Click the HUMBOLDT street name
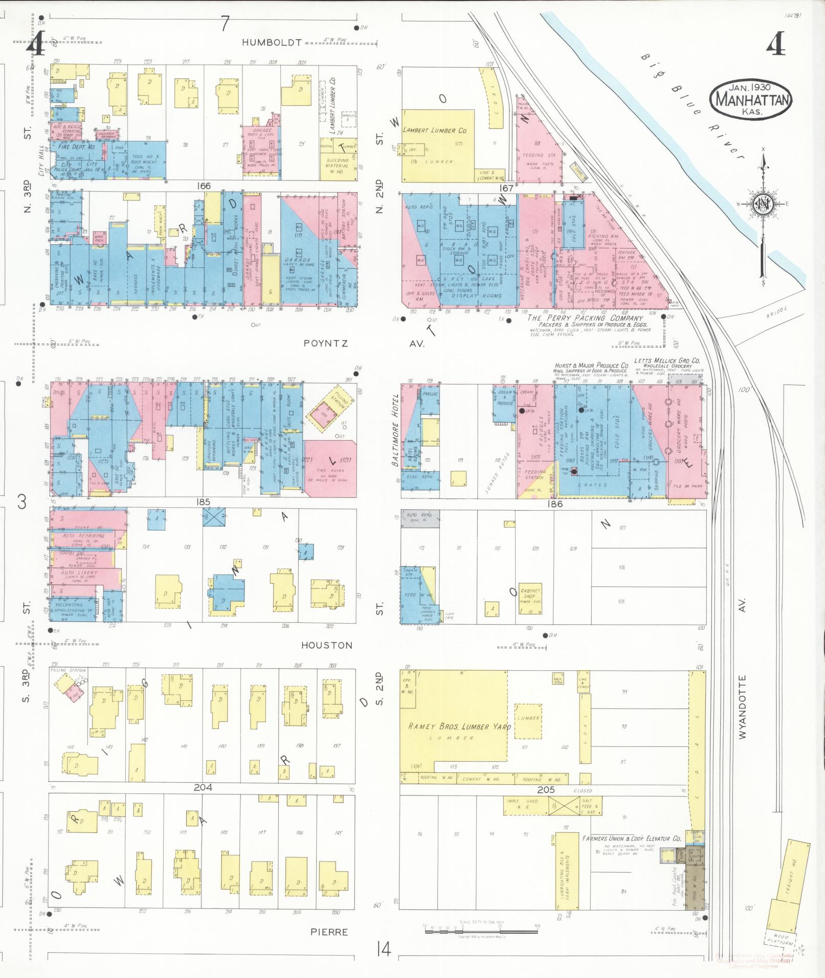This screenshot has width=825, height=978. [272, 43]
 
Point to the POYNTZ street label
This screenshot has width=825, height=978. [325, 344]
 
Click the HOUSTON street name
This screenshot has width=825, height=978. [327, 645]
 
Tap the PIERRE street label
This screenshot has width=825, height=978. [329, 931]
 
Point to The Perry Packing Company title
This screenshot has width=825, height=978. [585, 318]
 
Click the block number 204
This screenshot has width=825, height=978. [203, 788]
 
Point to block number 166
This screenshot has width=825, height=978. [203, 186]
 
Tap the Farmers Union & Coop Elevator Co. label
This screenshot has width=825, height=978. [631, 839]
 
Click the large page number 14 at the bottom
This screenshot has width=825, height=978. [383, 950]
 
